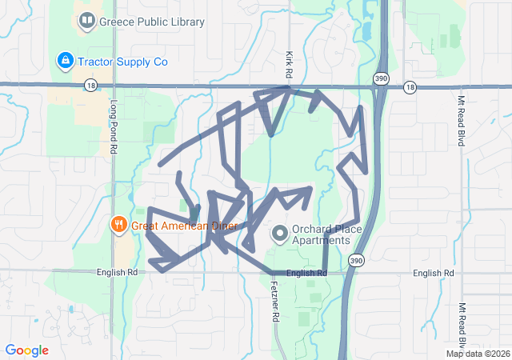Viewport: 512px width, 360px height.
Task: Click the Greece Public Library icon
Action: [87, 22]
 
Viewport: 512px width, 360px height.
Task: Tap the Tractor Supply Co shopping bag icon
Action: [65, 60]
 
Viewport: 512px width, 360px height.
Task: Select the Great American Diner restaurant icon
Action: [118, 225]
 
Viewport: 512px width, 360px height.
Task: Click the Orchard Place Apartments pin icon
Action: [280, 234]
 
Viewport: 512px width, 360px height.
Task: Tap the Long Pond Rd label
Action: [114, 126]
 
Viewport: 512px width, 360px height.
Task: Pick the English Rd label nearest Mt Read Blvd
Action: [434, 274]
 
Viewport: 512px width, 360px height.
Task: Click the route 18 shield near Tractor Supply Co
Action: [90, 85]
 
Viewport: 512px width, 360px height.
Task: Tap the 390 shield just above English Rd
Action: [355, 260]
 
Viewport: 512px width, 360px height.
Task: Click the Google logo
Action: [27, 350]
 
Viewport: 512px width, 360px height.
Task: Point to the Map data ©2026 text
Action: [477, 354]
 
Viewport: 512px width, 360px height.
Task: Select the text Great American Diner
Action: [185, 226]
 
